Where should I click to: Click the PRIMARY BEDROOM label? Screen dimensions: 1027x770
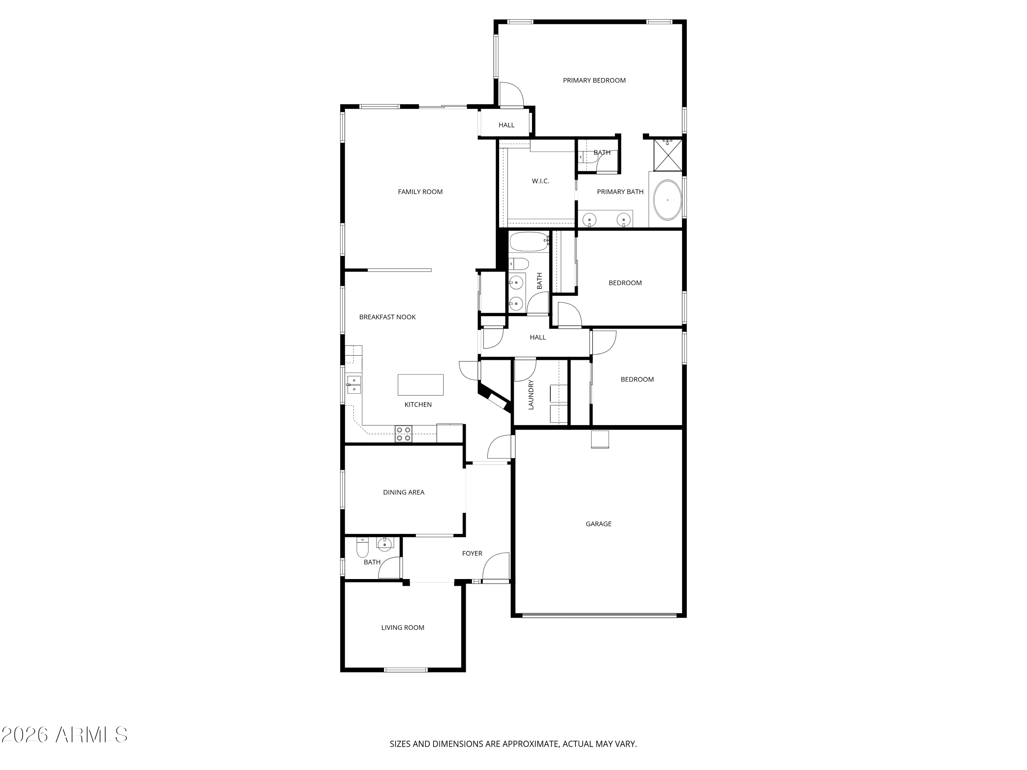(x=594, y=80)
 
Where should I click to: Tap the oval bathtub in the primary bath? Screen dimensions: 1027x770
(x=668, y=200)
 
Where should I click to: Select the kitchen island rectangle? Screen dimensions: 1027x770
(x=421, y=385)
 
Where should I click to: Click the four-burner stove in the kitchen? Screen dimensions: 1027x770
(x=404, y=434)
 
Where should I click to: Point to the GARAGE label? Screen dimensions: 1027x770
(x=598, y=524)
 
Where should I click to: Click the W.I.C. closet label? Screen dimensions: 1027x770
(x=541, y=181)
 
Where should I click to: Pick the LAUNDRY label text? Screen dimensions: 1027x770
(x=531, y=395)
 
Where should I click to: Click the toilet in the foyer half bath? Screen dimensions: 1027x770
(x=362, y=547)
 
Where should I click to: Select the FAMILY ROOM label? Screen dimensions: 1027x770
(x=420, y=192)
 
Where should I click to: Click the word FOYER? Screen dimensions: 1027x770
(x=472, y=553)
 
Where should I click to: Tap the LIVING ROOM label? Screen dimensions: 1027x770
(x=403, y=628)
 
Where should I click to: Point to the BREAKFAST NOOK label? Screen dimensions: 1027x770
(x=387, y=317)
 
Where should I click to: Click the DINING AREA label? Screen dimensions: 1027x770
(x=404, y=492)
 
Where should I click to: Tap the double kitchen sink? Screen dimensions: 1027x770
(x=354, y=384)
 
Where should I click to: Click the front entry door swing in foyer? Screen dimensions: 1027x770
(x=496, y=567)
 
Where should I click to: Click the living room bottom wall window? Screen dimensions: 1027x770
(x=405, y=669)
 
